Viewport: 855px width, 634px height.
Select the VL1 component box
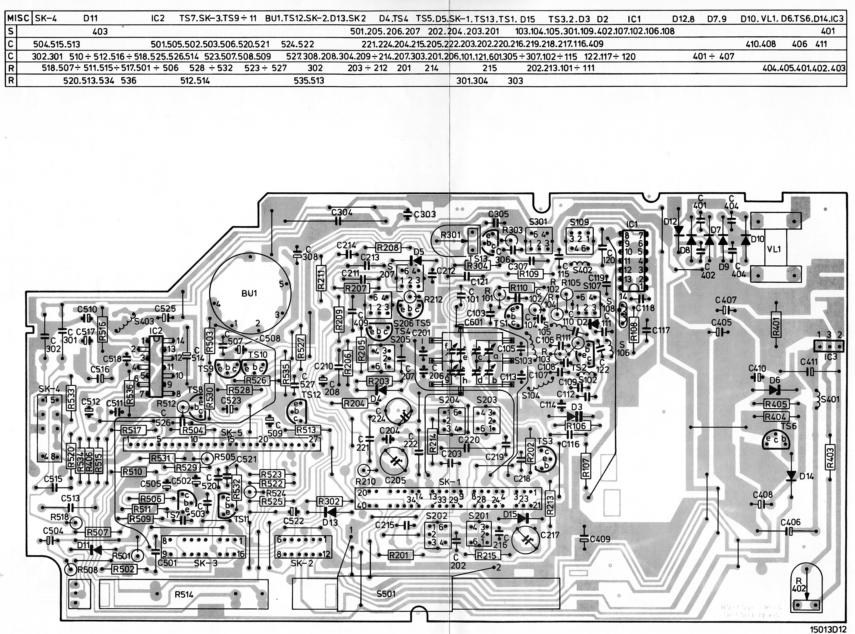point(774,249)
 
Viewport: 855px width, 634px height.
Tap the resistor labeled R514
point(183,594)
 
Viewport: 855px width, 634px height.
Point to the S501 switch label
point(385,594)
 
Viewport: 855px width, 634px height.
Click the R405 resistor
point(776,404)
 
